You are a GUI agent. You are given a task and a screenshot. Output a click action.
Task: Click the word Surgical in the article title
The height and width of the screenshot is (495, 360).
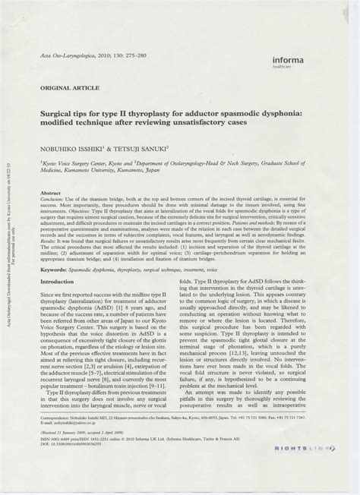coord(66,109)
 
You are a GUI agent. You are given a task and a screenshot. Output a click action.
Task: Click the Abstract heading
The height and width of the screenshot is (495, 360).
coord(52,194)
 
